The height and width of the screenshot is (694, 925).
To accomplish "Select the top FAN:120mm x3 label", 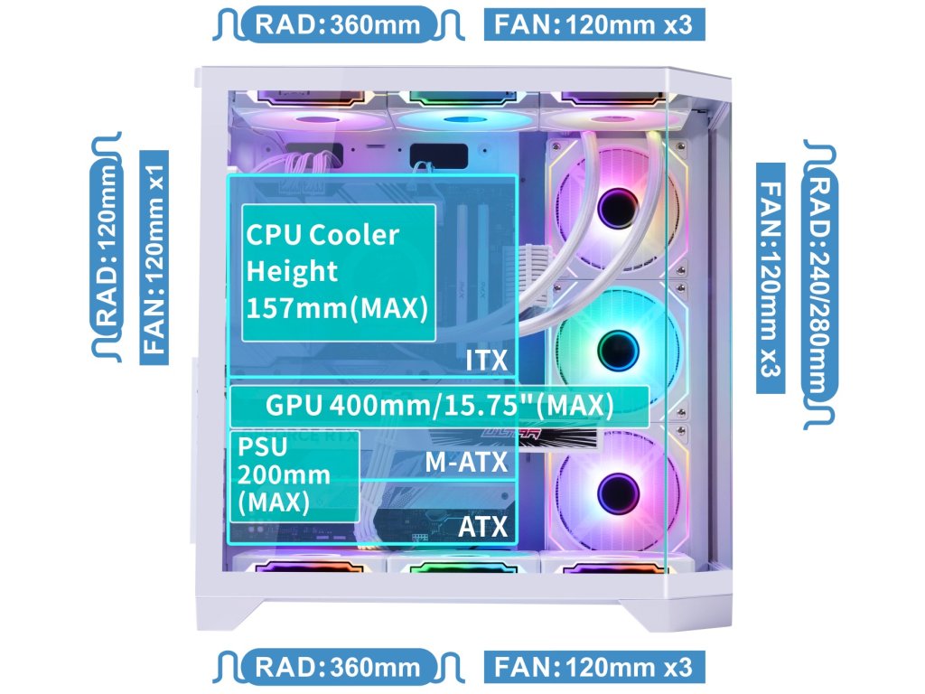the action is tap(594, 24).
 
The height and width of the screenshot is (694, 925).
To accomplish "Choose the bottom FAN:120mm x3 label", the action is tap(594, 668).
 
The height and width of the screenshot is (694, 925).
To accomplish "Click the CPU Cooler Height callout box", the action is tap(339, 272).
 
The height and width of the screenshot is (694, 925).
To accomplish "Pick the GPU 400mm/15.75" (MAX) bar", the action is tap(440, 406).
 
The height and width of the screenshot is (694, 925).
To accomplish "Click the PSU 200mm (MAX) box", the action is tap(294, 475).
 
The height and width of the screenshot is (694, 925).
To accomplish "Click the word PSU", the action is tap(261, 446).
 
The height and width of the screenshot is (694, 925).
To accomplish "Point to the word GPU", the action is tap(294, 406).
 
